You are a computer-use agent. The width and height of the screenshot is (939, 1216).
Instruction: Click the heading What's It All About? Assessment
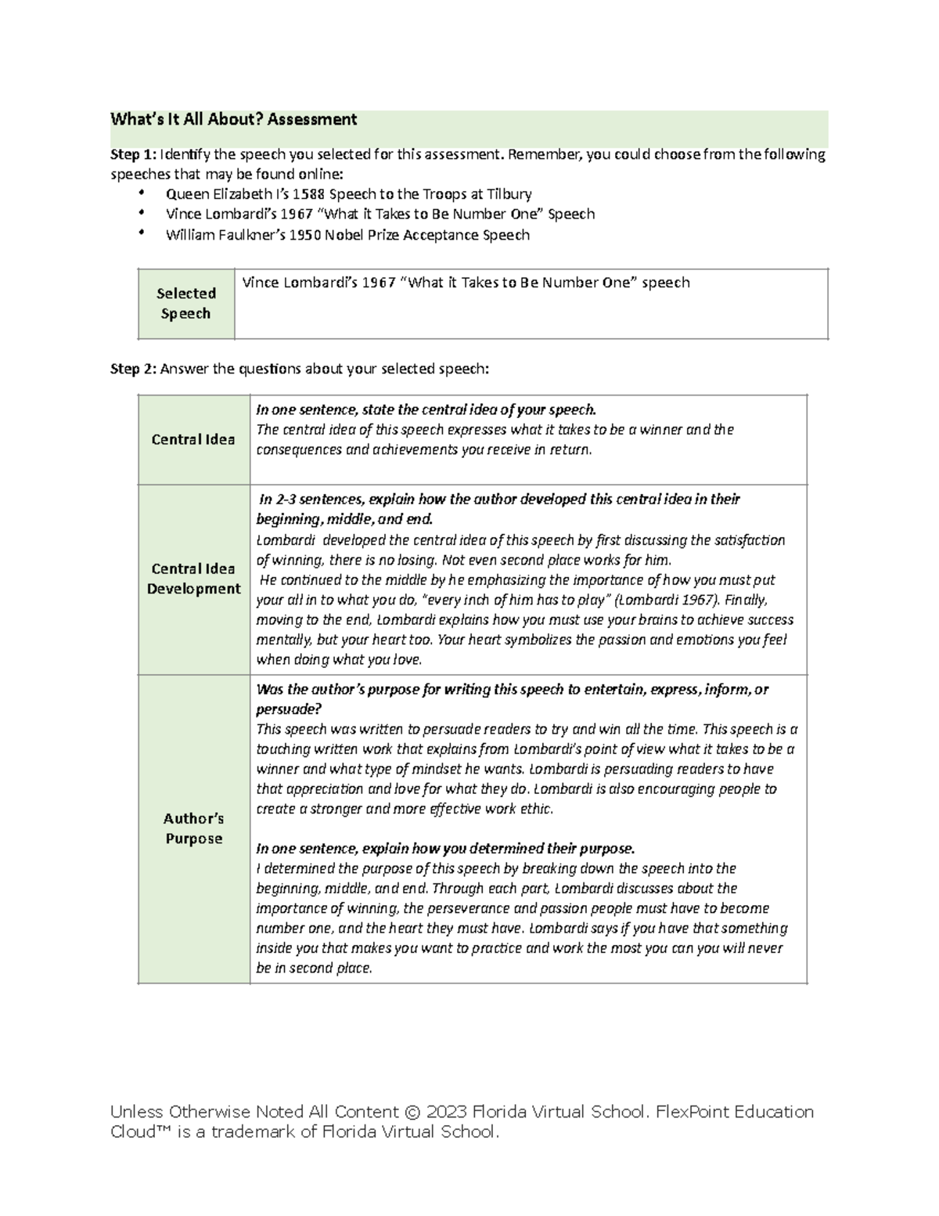(x=233, y=120)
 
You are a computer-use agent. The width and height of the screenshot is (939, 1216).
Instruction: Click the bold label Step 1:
(x=133, y=154)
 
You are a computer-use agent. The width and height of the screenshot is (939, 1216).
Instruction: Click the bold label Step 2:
(x=133, y=369)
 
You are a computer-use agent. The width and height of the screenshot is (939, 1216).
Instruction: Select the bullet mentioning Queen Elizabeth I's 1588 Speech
(x=348, y=194)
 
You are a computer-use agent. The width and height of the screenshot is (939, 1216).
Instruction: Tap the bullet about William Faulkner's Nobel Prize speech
(x=347, y=235)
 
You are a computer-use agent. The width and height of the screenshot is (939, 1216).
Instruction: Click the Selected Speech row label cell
(x=185, y=304)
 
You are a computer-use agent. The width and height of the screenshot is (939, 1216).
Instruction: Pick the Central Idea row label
(x=193, y=439)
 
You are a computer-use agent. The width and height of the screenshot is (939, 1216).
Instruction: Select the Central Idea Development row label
(x=193, y=579)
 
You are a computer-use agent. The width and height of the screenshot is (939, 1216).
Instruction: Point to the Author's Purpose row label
(x=193, y=828)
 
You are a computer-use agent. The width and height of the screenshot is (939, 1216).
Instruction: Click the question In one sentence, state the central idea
(x=426, y=410)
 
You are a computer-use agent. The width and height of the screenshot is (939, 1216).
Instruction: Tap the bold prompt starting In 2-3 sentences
(x=498, y=500)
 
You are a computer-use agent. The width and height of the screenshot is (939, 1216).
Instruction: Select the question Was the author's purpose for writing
(x=512, y=690)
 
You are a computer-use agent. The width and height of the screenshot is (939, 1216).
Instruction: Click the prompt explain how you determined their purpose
(x=445, y=849)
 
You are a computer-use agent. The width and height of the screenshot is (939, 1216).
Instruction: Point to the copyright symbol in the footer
(x=412, y=1113)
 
